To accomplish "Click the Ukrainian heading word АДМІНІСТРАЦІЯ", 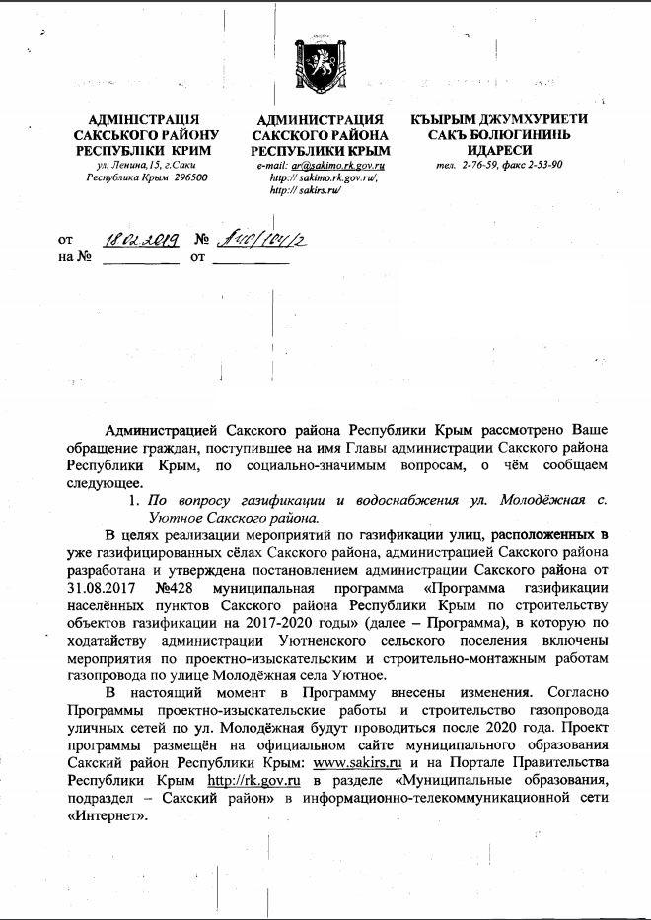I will coord(147,119).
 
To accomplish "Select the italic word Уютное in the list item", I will coord(175,516).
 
